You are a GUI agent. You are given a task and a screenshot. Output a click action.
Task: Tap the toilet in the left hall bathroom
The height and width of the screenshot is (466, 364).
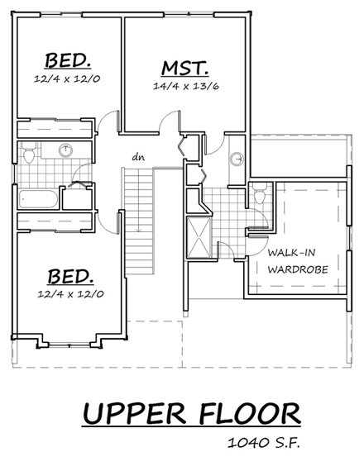pyautogui.click(x=29, y=154)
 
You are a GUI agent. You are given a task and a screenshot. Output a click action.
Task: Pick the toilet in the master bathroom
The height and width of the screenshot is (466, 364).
pyautogui.click(x=258, y=197)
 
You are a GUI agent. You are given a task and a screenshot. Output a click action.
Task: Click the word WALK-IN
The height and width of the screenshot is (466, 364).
pyautogui.click(x=289, y=253)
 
